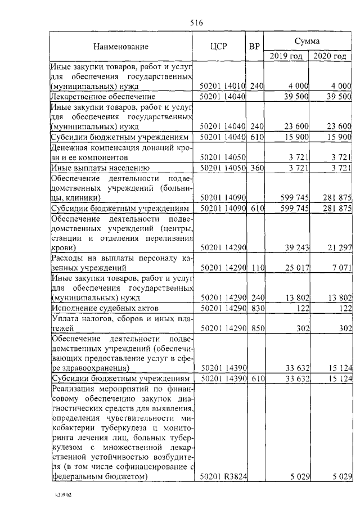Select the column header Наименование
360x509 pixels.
pyautogui.click(x=121, y=47)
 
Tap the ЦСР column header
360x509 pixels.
pyautogui.click(x=218, y=47)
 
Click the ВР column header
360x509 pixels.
pyautogui.click(x=255, y=47)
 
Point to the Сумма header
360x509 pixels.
pyautogui.click(x=308, y=41)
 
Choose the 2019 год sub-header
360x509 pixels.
pyautogui.click(x=286, y=56)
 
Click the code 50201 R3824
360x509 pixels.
pyautogui.click(x=224, y=477)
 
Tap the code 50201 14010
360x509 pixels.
pyautogui.click(x=223, y=86)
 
